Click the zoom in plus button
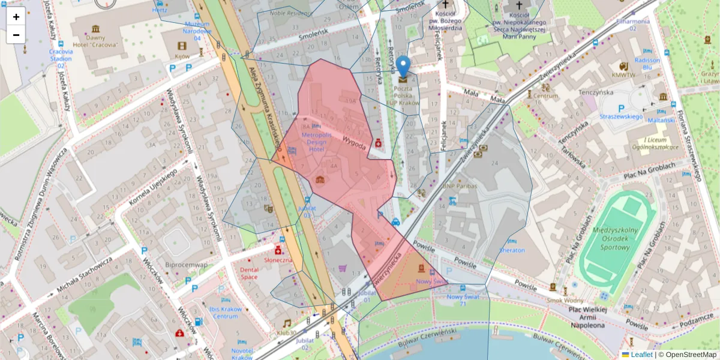[x=16, y=17]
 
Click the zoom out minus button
[x=16, y=35]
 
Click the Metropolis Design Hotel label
[x=317, y=142]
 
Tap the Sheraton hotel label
[x=512, y=250]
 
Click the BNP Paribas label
[x=459, y=186]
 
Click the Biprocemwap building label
[x=187, y=265]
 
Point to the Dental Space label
[x=248, y=273]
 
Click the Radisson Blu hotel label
[x=647, y=64]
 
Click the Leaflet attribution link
[x=641, y=355]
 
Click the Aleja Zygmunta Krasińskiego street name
[x=265, y=108]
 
